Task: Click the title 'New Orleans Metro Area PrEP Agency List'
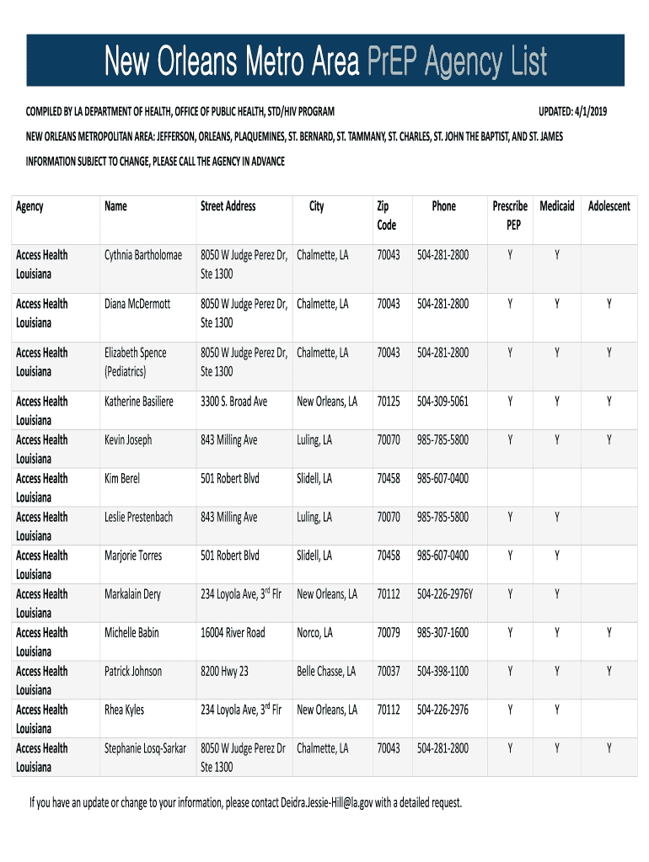325,61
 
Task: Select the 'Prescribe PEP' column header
510,215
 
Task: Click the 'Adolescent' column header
609,206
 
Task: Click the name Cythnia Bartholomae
143,255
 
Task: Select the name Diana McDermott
137,304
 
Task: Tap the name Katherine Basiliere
139,402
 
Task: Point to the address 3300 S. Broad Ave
233,402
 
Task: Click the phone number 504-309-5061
442,402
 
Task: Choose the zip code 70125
389,402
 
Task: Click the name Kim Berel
122,478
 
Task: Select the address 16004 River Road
233,632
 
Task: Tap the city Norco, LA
314,632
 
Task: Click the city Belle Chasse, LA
326,671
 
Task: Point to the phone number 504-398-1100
442,671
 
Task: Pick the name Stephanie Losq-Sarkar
145,748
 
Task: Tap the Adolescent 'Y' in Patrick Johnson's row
609,671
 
